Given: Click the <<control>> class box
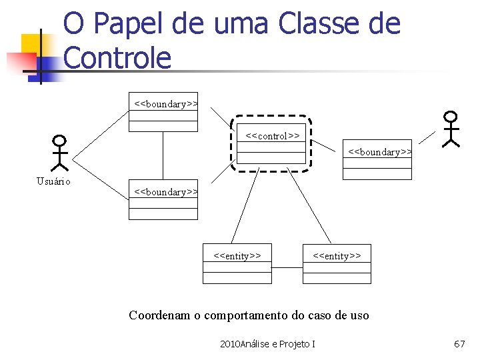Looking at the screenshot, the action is click(272, 143).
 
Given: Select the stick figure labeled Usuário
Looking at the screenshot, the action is click(60, 153).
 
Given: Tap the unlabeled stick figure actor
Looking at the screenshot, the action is click(451, 128).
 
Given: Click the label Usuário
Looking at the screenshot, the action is click(54, 181).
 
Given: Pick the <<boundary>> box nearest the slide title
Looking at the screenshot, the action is click(163, 111).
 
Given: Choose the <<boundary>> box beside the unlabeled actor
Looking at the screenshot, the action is click(377, 159).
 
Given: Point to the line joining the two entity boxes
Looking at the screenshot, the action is click(287, 267).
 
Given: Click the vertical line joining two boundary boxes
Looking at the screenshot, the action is click(163, 155).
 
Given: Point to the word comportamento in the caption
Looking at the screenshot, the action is click(239, 315).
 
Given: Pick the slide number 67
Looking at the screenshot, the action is click(459, 344).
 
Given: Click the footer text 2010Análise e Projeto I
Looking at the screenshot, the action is click(267, 344).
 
